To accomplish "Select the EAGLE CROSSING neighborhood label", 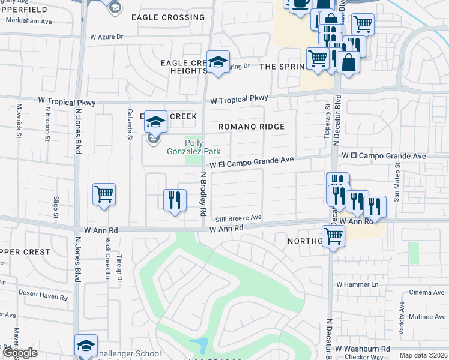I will pyautogui.click(x=167, y=17).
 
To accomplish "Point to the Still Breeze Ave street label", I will pyautogui.click(x=240, y=217).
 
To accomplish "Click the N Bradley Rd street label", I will pyautogui.click(x=203, y=194).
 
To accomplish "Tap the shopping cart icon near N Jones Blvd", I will pyautogui.click(x=104, y=194).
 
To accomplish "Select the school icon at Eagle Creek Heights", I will pyautogui.click(x=218, y=62).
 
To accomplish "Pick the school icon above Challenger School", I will pyautogui.click(x=86, y=346).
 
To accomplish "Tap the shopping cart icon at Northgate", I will pyautogui.click(x=333, y=236).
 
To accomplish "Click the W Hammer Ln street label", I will pyautogui.click(x=358, y=284).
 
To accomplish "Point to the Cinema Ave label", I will pyautogui.click(x=427, y=292).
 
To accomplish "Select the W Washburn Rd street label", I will pyautogui.click(x=363, y=348).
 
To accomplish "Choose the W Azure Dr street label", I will pyautogui.click(x=106, y=37).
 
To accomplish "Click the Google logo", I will pyautogui.click(x=20, y=353).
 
